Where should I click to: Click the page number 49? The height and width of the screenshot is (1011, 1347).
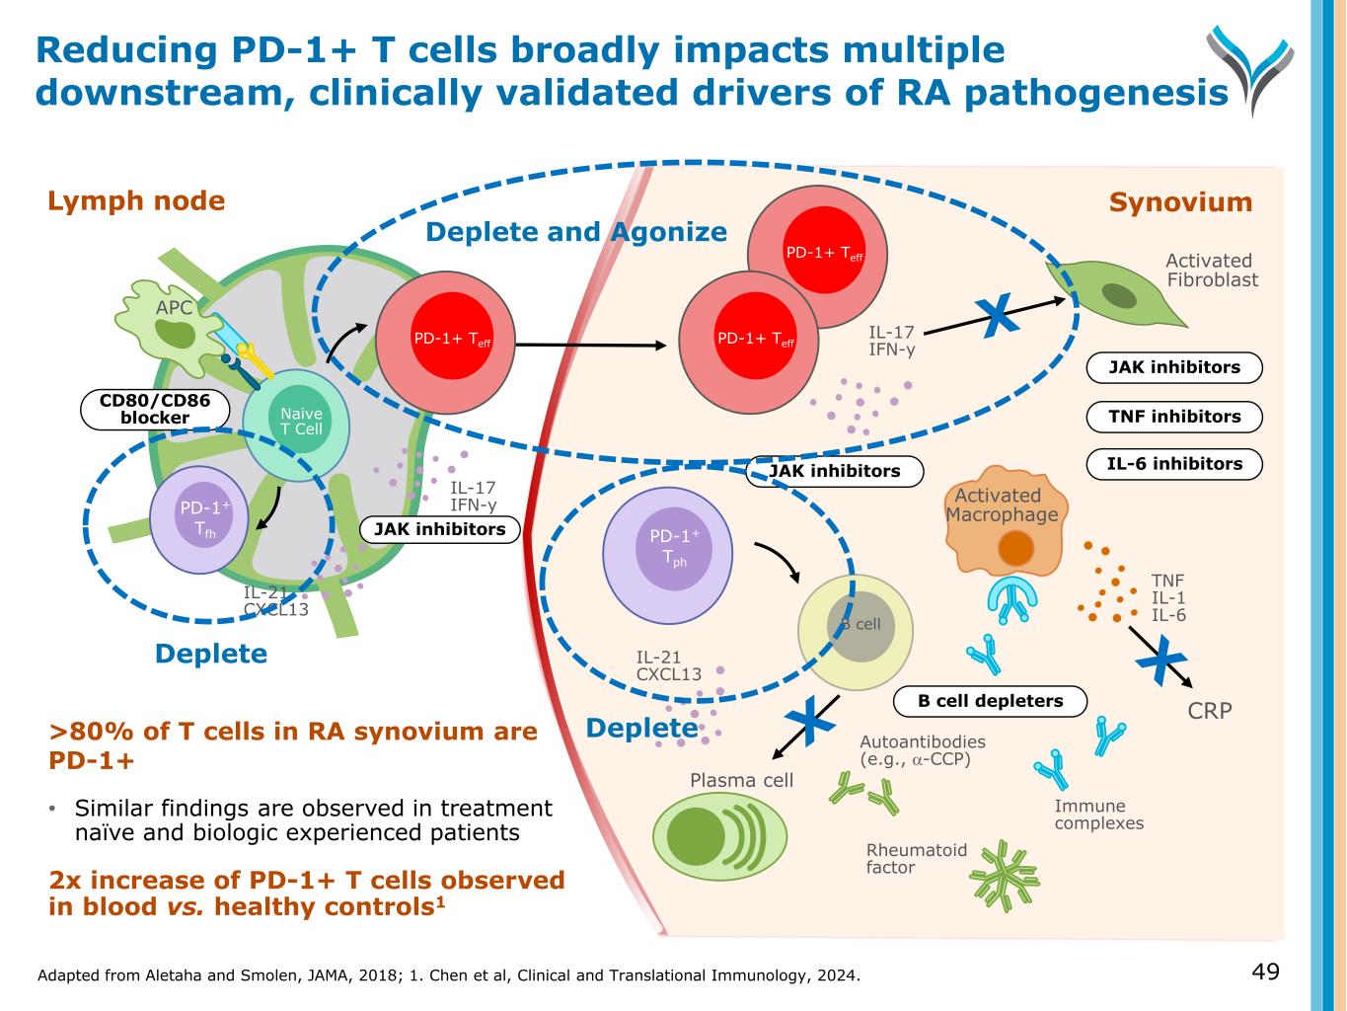pos(1265,972)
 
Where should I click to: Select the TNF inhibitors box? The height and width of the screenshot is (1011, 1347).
pos(1174,417)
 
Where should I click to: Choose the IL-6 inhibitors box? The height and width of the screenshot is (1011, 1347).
pos(1174,464)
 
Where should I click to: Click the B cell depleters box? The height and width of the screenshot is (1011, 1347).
pos(990,701)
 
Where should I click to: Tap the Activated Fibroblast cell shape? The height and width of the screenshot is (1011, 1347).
pos(1115,292)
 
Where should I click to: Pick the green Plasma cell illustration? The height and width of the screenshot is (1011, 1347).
pos(721,835)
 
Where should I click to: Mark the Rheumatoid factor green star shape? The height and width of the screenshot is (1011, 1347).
pos(1005,875)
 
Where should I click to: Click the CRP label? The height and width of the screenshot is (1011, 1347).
pos(1209,710)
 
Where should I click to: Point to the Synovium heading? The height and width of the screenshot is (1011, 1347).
pos(1180,202)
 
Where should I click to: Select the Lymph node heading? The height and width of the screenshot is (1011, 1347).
pos(136,201)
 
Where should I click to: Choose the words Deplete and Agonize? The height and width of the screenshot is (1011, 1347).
pos(575,232)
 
